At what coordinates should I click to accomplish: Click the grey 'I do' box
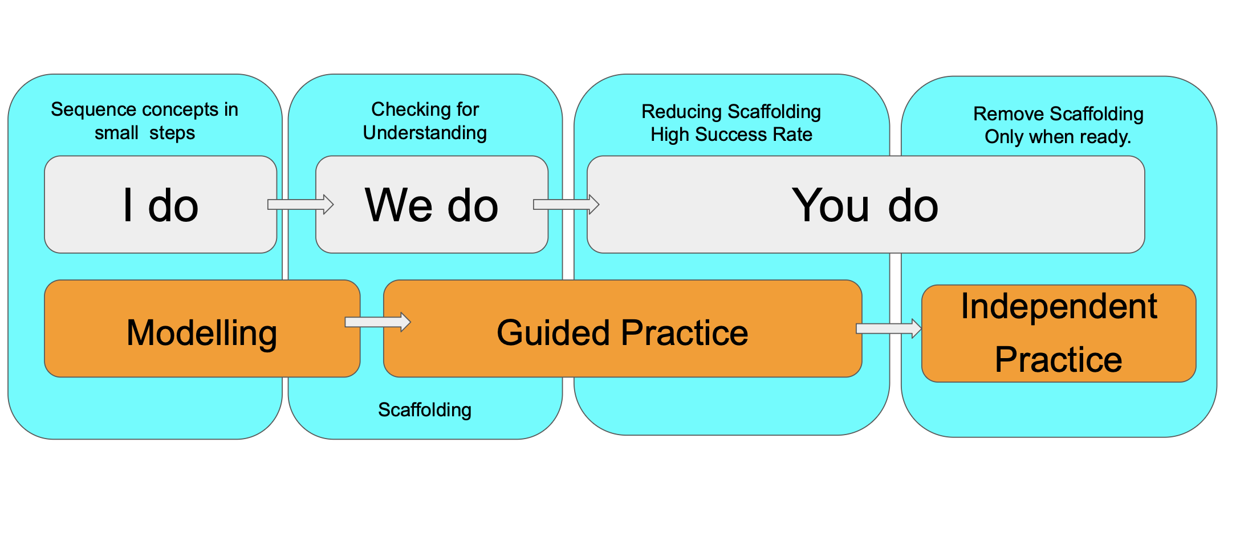click(160, 205)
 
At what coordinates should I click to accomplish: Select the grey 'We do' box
click(432, 205)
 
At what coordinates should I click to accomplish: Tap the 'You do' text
click(865, 205)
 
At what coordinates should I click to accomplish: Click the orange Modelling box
click(202, 332)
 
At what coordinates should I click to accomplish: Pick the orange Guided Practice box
click(622, 332)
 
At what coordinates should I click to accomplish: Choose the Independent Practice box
click(1058, 333)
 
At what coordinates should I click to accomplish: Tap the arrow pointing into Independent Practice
click(888, 328)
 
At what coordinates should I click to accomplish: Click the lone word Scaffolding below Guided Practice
click(425, 409)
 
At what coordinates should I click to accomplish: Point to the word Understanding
click(425, 133)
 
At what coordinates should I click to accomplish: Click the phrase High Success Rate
click(731, 135)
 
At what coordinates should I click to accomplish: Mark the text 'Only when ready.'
click(1058, 137)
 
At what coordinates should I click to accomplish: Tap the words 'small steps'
click(145, 133)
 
